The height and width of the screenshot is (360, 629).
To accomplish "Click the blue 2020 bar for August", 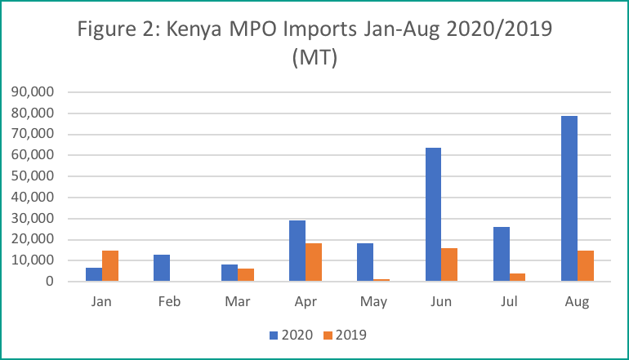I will pyautogui.click(x=569, y=198).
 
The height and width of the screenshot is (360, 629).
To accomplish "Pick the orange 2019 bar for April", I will pyautogui.click(x=313, y=262).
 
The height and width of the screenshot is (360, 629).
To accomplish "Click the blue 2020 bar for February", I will pyautogui.click(x=162, y=268).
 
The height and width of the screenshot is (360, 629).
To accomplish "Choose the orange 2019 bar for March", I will pyautogui.click(x=245, y=275).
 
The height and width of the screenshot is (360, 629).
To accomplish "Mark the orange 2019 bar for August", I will pyautogui.click(x=586, y=266).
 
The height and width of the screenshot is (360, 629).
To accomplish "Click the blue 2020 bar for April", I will pyautogui.click(x=297, y=251).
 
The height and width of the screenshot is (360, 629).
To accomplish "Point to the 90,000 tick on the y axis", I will pyautogui.click(x=33, y=91).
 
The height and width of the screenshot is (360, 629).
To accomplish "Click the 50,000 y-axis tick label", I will pyautogui.click(x=33, y=176).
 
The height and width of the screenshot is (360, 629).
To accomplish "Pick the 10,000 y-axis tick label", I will pyautogui.click(x=33, y=260).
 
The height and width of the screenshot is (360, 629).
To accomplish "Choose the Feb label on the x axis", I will pyautogui.click(x=170, y=301).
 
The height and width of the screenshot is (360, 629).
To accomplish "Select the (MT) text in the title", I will pyautogui.click(x=314, y=61).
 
